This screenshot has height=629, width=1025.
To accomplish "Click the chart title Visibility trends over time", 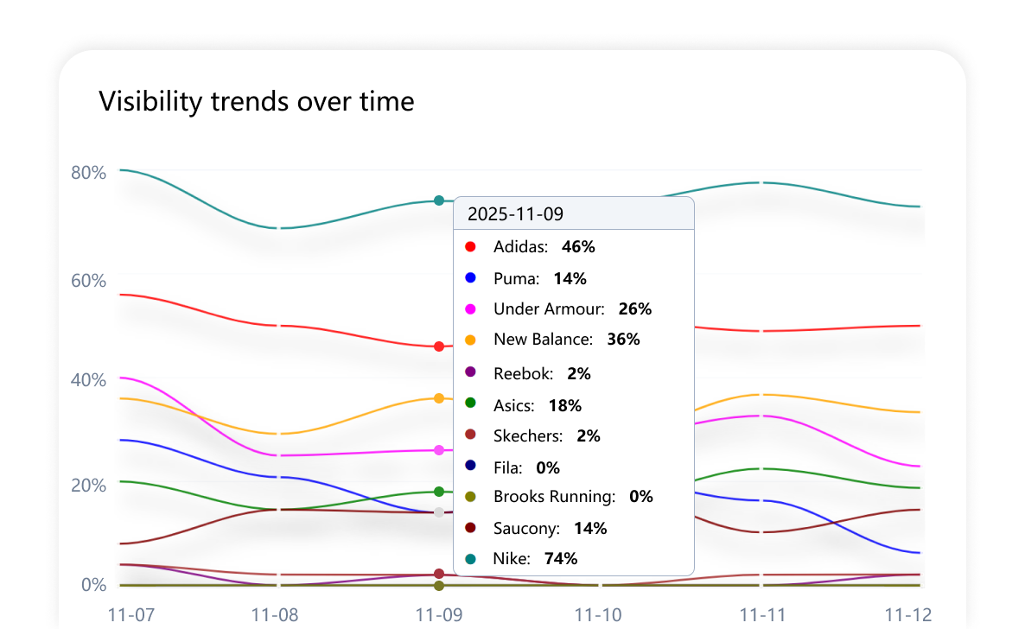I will coord(257,102).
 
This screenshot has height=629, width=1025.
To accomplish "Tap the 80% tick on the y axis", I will coord(88,172).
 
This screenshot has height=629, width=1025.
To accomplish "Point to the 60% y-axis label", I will coord(88,281).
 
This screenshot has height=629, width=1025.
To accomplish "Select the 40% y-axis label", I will coord(88,380).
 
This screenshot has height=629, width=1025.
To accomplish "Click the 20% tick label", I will coord(88,485).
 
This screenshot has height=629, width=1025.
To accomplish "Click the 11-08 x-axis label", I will coord(275,614).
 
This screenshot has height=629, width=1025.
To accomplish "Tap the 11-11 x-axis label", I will coord(761,614).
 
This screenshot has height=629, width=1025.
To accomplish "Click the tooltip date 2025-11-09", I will coord(515,214).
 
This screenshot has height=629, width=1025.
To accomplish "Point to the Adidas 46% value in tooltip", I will coord(578,247).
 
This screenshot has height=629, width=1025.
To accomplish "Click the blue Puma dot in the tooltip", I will coord(471,278).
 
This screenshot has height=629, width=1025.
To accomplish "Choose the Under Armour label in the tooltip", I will coord(550,309).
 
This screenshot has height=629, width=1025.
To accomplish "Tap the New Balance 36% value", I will coord(623,340).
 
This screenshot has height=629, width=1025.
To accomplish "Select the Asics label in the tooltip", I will coord(513,405).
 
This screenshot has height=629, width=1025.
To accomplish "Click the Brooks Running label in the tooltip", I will coord(554,497).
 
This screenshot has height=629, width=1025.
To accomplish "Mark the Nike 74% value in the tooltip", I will coord(561,559).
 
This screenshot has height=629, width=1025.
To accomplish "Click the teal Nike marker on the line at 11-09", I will coord(439,200).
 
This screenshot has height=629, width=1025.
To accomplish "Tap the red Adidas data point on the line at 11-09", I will coord(439,346).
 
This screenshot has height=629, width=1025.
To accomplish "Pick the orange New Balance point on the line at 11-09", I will coord(439,398).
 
